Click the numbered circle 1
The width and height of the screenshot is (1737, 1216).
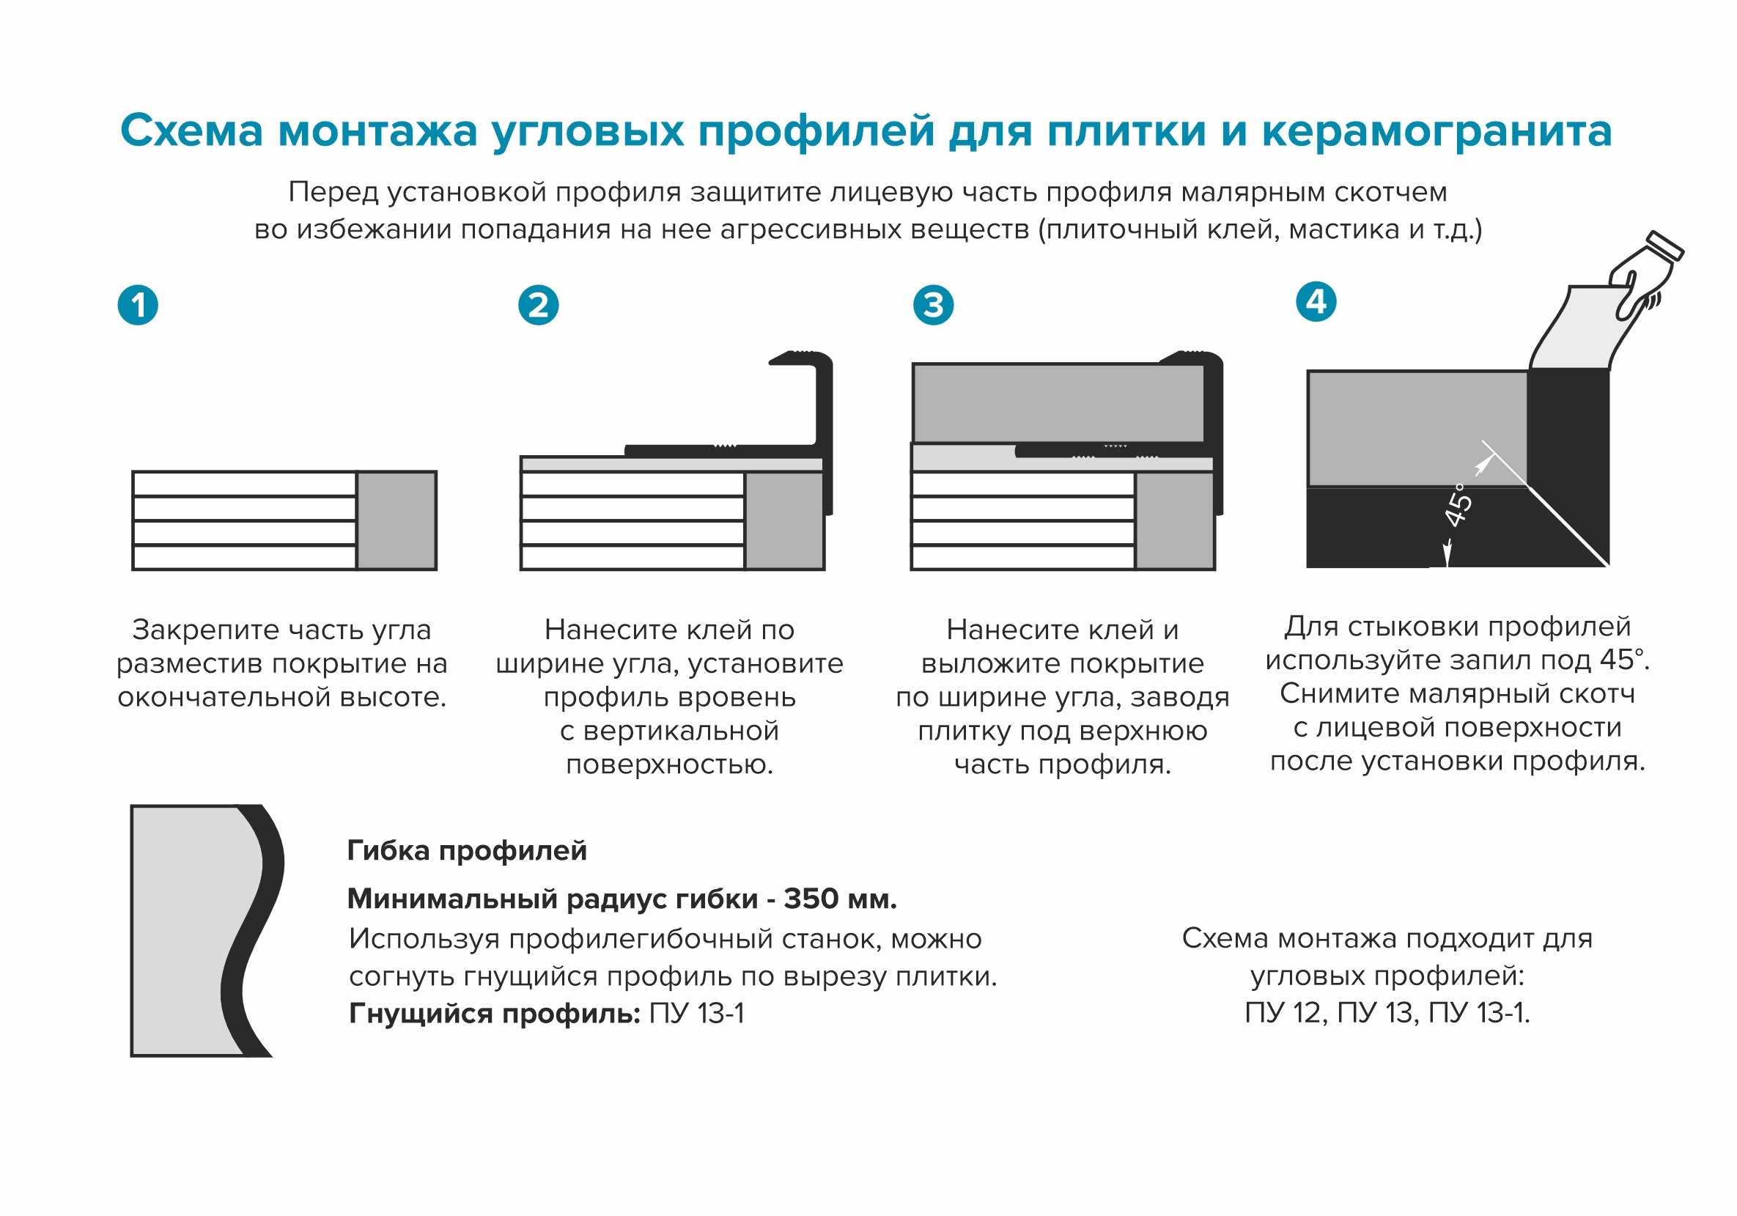(138, 305)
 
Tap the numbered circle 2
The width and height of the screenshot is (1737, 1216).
(538, 305)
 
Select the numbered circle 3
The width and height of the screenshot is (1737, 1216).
(933, 305)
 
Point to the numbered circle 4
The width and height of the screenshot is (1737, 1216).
(1316, 301)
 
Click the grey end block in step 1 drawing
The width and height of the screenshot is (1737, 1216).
(397, 520)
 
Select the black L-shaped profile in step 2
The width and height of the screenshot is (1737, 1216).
(823, 424)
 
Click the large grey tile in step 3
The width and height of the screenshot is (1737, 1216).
(1058, 402)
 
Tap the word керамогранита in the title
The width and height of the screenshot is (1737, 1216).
(1437, 131)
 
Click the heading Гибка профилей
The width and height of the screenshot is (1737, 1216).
(467, 850)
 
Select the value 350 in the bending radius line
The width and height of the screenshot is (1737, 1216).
(811, 899)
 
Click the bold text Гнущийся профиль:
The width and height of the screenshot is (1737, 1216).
(495, 1013)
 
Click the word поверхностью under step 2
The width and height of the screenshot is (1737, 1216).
(670, 764)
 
